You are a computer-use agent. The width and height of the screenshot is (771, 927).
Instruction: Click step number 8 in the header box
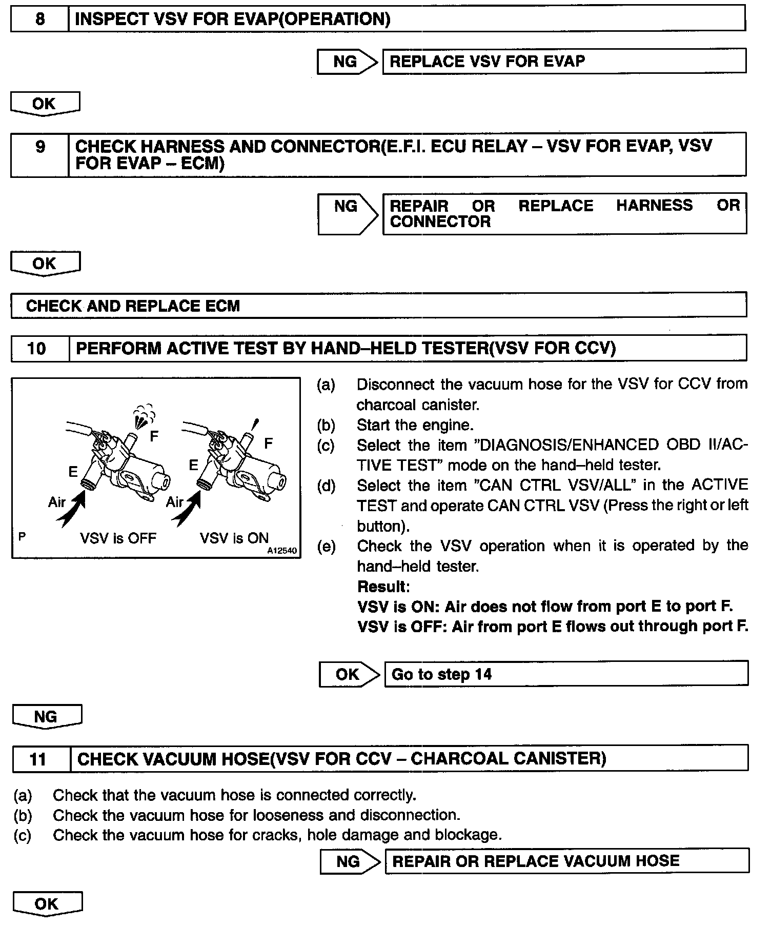(x=39, y=19)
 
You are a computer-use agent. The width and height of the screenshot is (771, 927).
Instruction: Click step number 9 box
(x=40, y=154)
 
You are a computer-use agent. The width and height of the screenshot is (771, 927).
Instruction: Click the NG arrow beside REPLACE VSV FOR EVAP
(x=347, y=62)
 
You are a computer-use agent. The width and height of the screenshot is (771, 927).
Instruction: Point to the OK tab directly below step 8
(x=45, y=104)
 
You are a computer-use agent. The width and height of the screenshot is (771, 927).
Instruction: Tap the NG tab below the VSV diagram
(x=47, y=716)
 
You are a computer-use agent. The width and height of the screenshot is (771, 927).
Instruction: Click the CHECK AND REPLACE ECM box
(x=378, y=306)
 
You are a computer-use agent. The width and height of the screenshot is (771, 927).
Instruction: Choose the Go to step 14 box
(x=566, y=674)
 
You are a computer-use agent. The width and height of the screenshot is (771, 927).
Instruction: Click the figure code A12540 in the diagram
(x=281, y=551)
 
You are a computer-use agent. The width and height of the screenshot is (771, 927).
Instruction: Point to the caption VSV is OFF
(x=118, y=538)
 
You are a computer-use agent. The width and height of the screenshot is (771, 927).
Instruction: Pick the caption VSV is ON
(x=234, y=538)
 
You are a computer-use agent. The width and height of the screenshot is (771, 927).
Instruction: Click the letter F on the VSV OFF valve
(x=154, y=436)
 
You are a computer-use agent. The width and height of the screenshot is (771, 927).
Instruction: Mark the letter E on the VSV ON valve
(x=193, y=465)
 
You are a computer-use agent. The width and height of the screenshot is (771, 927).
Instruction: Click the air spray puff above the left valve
(x=144, y=415)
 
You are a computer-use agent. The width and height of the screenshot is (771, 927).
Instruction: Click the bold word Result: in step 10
(x=383, y=586)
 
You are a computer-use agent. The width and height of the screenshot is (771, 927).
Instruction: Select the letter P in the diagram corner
(x=22, y=536)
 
